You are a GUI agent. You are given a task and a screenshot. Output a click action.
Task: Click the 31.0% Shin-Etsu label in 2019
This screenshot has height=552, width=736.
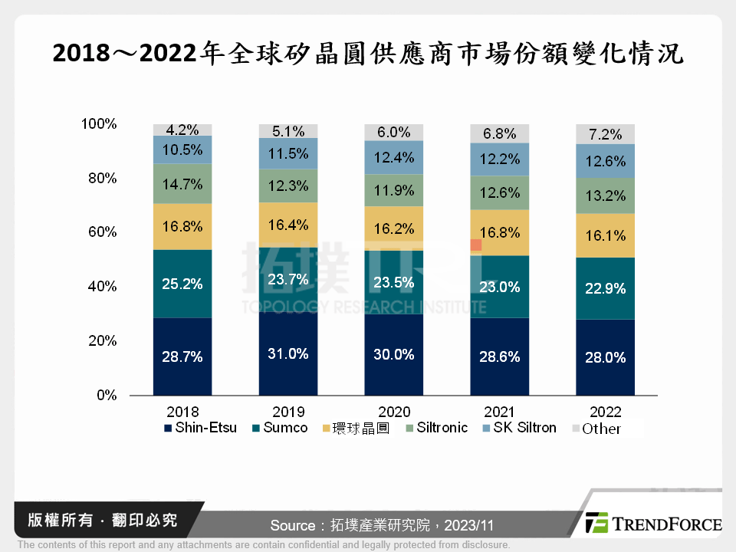point(288,353)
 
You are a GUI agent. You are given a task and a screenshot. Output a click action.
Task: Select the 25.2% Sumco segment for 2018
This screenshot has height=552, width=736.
point(182,284)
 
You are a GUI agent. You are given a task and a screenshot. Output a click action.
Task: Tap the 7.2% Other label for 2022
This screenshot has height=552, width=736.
point(605,134)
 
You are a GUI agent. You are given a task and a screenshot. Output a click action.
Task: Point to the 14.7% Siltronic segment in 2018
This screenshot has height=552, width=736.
point(182,184)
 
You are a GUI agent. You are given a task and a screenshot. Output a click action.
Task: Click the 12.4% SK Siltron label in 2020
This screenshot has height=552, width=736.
point(394,157)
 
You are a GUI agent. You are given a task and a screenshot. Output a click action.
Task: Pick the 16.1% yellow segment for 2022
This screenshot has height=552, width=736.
point(605,235)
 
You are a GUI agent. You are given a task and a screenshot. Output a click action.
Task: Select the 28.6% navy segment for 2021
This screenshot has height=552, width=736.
point(499,356)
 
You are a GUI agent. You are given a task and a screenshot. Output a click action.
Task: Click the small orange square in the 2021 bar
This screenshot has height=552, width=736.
point(476,245)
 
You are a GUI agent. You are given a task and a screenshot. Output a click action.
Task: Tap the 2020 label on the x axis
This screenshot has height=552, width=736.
point(394,411)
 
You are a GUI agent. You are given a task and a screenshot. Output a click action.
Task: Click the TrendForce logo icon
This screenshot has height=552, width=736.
point(596,523)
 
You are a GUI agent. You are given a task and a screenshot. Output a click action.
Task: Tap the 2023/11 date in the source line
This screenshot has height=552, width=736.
point(470,525)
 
